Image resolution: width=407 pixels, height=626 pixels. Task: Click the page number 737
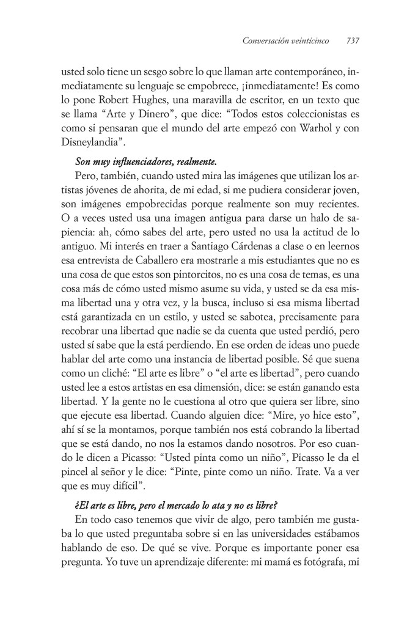[x=353, y=42]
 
